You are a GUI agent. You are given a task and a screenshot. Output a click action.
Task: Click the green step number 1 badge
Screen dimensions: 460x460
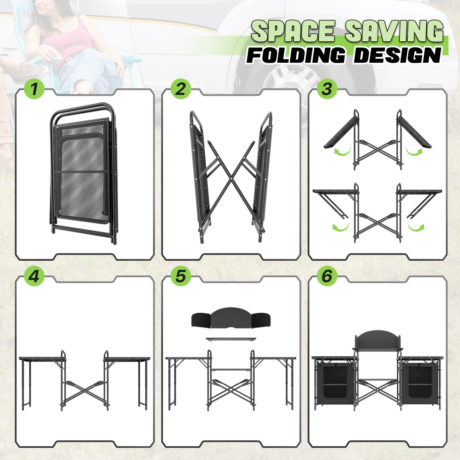point(34,89)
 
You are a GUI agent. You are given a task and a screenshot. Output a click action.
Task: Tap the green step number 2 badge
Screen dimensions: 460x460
point(180,89)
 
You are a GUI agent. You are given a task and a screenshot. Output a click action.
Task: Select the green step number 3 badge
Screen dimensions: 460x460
point(327,89)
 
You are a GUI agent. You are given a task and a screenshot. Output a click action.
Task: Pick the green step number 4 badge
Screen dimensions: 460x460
point(34,276)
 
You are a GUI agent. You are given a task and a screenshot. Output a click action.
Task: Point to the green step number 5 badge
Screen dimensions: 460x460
point(180,276)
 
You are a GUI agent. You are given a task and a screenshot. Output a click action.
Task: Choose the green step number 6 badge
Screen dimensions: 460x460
point(327,276)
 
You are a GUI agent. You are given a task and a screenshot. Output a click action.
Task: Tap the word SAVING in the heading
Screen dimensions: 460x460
point(394,31)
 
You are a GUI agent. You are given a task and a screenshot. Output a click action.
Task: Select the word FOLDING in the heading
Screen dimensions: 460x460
point(296,55)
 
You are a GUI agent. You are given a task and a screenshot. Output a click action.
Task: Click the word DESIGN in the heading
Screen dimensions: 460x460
point(398,55)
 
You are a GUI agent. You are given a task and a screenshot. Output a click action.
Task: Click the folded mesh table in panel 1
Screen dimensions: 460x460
point(83,172)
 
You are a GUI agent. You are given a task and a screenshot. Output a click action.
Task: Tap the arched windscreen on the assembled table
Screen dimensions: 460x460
point(377,339)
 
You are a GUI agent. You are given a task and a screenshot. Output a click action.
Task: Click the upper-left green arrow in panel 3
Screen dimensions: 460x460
point(342,151)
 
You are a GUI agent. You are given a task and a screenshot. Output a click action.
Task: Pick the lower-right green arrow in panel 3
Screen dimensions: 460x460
point(416,227)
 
